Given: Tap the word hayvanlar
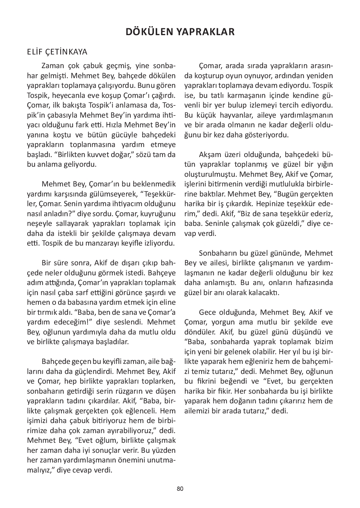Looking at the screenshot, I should (234, 115).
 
